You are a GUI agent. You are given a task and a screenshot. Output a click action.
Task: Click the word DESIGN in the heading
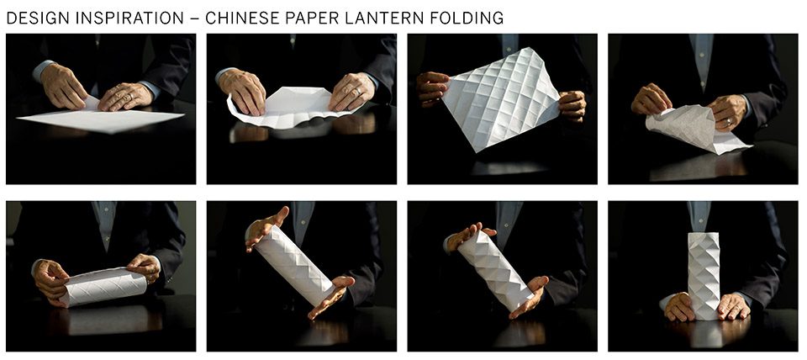(37, 18)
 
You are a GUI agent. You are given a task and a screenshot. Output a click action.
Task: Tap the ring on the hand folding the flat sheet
(131, 96)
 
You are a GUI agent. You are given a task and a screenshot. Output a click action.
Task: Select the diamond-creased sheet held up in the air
(501, 98)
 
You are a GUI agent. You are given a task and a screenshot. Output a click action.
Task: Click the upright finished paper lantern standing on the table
(704, 276)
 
